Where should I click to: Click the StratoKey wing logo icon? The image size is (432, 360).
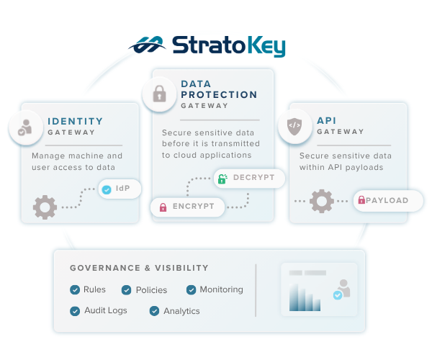pyautogui.click(x=148, y=45)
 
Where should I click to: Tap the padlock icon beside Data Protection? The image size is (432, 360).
pyautogui.click(x=159, y=94)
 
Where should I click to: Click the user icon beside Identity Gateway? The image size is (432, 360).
pyautogui.click(x=25, y=127)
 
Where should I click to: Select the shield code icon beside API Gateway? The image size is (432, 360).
pyautogui.click(x=294, y=127)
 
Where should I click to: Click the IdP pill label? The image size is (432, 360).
pyautogui.click(x=120, y=189)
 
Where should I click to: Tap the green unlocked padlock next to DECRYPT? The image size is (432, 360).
pyautogui.click(x=222, y=179)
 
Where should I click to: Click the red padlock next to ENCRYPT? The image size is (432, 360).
pyautogui.click(x=163, y=207)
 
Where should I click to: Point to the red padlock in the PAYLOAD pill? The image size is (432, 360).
pyautogui.click(x=361, y=199)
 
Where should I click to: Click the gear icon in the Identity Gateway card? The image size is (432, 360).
pyautogui.click(x=45, y=207)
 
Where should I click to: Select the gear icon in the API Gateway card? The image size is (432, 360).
pyautogui.click(x=322, y=201)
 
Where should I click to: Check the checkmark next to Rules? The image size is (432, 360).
pyautogui.click(x=75, y=289)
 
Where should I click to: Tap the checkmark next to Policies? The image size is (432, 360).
pyautogui.click(x=127, y=290)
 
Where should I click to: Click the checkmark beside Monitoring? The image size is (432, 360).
pyautogui.click(x=192, y=289)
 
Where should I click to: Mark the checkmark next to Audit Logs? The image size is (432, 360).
pyautogui.click(x=75, y=311)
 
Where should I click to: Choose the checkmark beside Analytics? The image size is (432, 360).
pyautogui.click(x=154, y=311)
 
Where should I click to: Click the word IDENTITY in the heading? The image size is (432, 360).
pyautogui.click(x=75, y=121)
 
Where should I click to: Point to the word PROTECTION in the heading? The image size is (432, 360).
pyautogui.click(x=219, y=95)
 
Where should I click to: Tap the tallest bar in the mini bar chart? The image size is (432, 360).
pyautogui.click(x=294, y=297)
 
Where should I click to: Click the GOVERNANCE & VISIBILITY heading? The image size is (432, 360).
pyautogui.click(x=139, y=268)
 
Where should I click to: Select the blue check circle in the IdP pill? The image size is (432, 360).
pyautogui.click(x=107, y=189)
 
